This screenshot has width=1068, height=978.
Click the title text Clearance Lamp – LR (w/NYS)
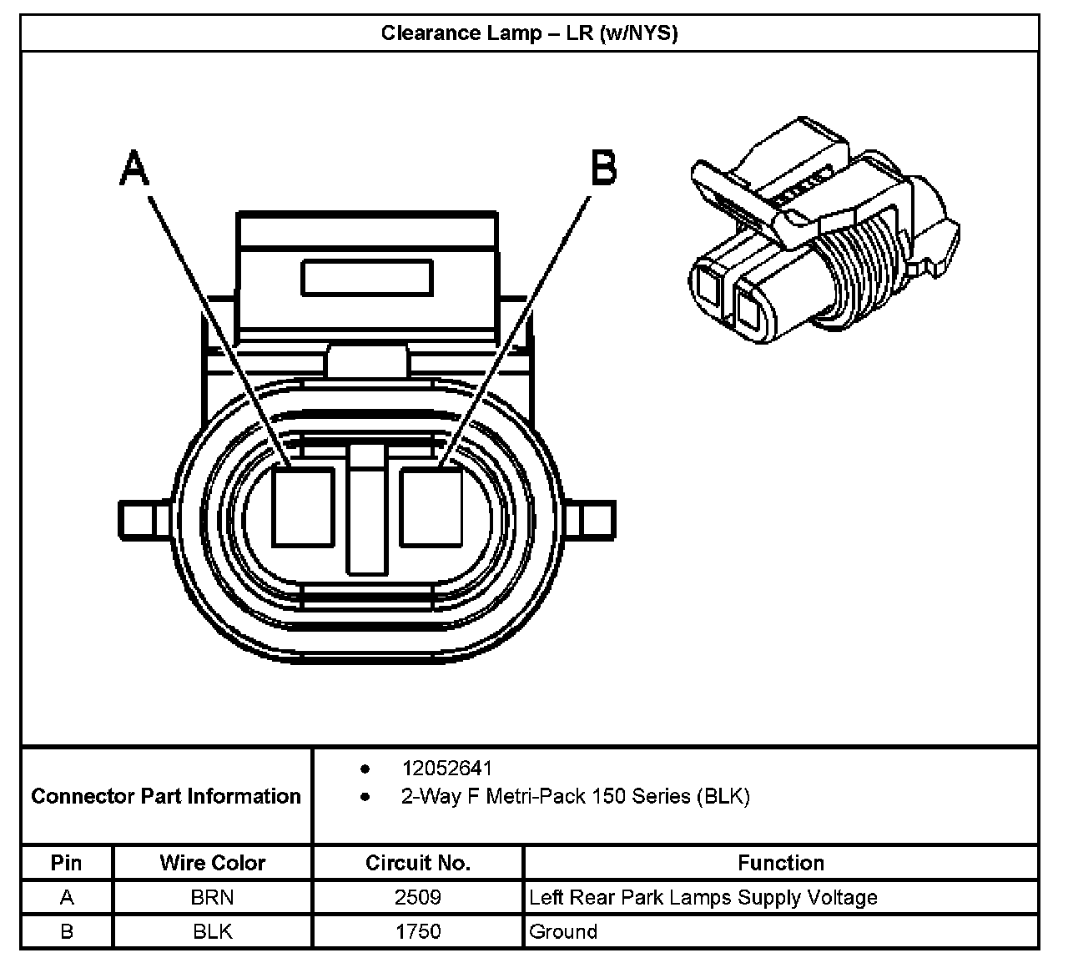pos(529,33)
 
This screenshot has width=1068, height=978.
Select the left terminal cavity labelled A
pos(304,507)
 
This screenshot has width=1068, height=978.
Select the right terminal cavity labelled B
pos(431,507)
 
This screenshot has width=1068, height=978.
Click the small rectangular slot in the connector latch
pos(367,277)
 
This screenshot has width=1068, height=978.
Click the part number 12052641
pos(447,769)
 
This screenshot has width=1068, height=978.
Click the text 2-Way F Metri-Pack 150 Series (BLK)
pos(575,796)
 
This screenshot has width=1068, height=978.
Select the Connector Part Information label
pos(166,796)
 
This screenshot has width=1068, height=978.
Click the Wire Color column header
pos(213,863)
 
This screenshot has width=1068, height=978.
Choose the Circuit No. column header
pos(418,863)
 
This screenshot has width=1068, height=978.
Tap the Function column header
pos(781,863)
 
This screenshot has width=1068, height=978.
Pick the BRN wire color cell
pos(213,898)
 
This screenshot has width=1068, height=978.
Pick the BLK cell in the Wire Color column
pos(213,931)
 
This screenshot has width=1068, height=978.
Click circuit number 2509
pos(418,898)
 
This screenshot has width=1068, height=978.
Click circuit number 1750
pos(418,931)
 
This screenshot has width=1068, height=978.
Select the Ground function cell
pos(563,931)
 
